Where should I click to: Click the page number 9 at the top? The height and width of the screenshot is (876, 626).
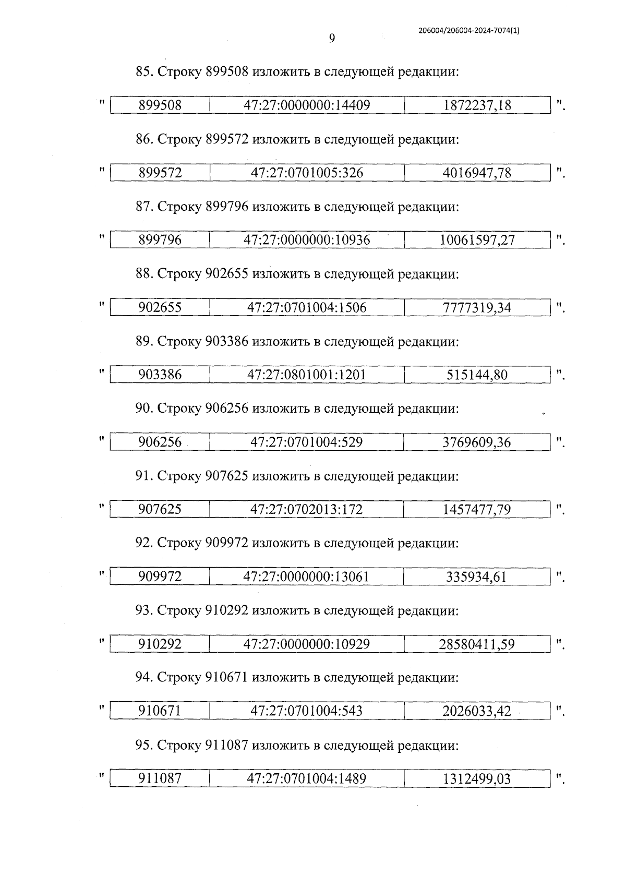pos(332,38)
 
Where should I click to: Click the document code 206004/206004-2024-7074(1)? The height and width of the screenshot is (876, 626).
pos(469,31)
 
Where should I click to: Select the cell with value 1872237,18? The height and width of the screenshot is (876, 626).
pos(477,105)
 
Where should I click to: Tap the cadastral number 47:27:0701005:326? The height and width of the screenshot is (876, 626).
pos(307,173)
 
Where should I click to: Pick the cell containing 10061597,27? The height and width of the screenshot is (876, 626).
pos(477,240)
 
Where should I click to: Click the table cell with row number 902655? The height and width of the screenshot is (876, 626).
pos(160,307)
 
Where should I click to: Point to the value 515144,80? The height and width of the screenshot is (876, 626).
pos(477,375)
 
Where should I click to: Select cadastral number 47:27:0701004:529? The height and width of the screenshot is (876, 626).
pos(307,442)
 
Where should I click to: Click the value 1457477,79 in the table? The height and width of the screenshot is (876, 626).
pos(477,509)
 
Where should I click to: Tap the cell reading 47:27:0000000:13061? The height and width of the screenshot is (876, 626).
pos(307,577)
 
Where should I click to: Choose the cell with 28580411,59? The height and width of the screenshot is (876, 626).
pos(477,644)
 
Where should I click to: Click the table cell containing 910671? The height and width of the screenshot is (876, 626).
pos(160,711)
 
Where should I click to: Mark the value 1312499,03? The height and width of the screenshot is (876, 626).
pos(477,779)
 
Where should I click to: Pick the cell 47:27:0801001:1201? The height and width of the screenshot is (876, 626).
pos(307,375)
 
